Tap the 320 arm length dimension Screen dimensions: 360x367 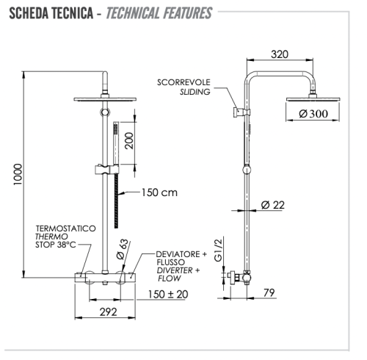[x=279, y=54]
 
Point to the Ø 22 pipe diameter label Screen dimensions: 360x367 [x=272, y=204]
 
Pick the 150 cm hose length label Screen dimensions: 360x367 [x=158, y=193]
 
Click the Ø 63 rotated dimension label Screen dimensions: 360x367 [x=124, y=250]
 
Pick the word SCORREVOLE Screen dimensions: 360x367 [x=183, y=82]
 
